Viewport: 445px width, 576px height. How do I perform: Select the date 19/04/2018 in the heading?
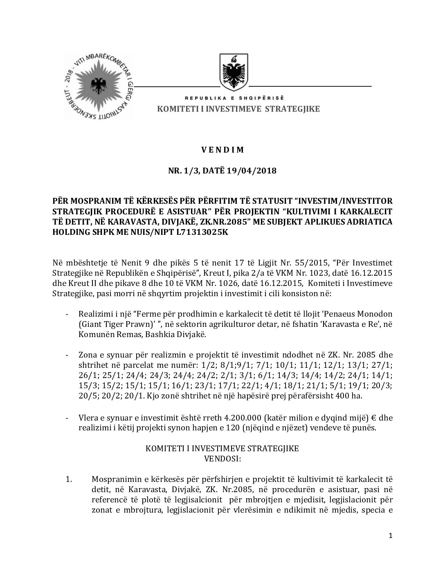coord(253,170)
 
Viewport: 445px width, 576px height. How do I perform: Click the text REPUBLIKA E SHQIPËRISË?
coord(234,99)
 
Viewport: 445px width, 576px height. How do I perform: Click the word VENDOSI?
coord(222,459)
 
